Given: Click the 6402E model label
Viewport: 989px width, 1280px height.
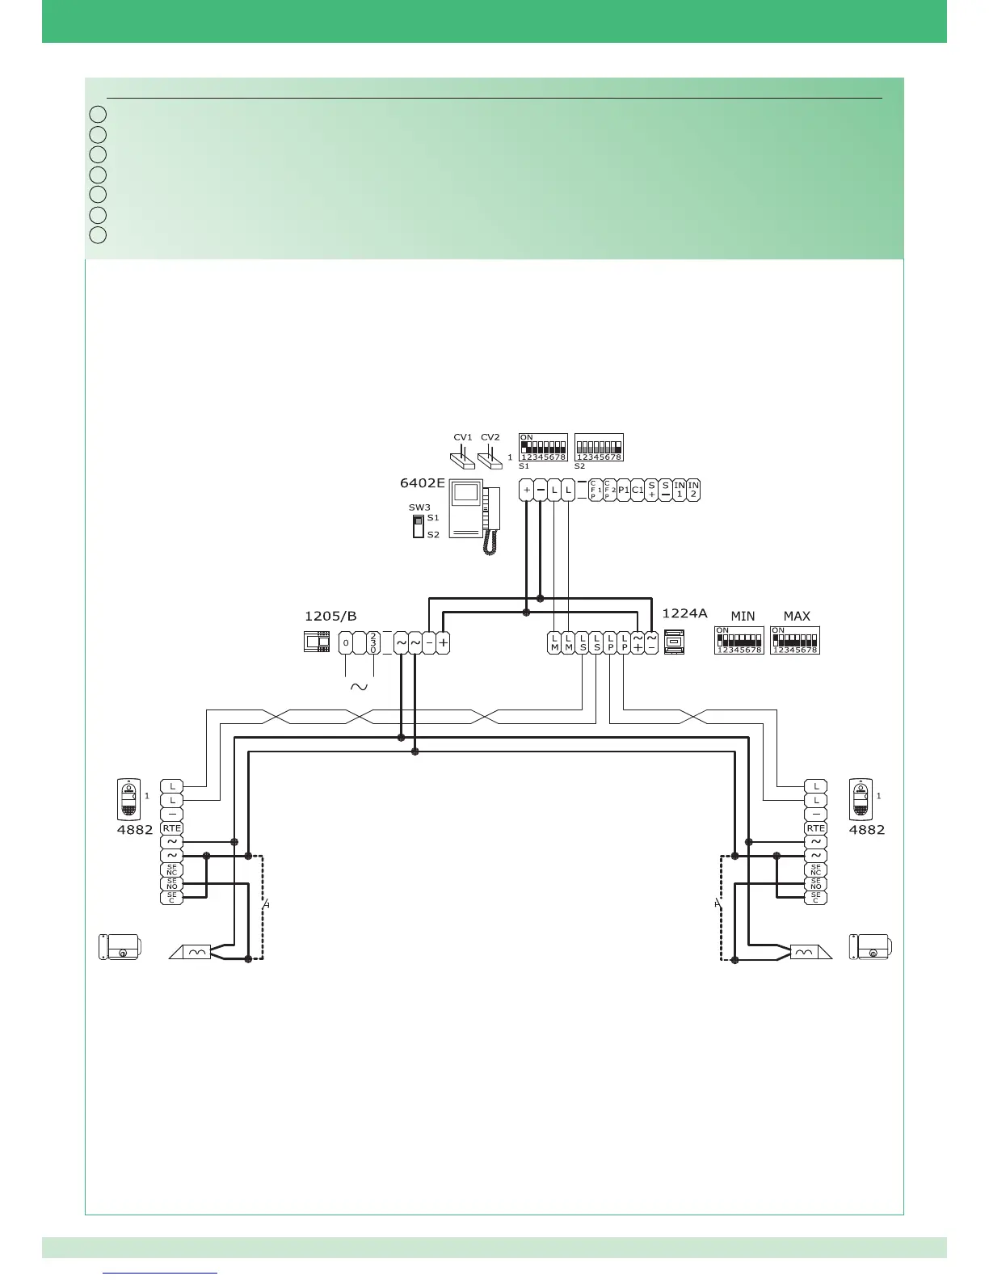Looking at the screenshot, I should [423, 483].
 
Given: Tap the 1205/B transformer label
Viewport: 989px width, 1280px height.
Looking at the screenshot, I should [330, 617].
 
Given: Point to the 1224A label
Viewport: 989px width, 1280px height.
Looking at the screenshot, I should [684, 614].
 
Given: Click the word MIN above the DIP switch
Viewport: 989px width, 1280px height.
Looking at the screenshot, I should [743, 617].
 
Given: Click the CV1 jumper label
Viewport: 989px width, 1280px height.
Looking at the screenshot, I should [462, 437].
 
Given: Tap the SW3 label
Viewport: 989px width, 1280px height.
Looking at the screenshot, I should [419, 507].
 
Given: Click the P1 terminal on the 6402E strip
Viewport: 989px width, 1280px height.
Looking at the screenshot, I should [624, 490].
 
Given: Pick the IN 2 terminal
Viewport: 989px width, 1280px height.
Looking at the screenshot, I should [693, 490].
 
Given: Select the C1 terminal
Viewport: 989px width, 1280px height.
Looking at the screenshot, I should [638, 490].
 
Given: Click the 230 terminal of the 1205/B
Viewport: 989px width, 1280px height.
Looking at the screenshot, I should [373, 643].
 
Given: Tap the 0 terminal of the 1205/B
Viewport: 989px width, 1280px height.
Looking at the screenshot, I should [346, 643].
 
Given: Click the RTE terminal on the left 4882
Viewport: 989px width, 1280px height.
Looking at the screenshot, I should [171, 828].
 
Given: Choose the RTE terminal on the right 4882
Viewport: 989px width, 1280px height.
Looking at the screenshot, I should [816, 828].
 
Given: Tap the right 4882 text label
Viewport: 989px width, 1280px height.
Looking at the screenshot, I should [866, 830].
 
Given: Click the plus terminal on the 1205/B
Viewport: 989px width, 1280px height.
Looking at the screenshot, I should [443, 643].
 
